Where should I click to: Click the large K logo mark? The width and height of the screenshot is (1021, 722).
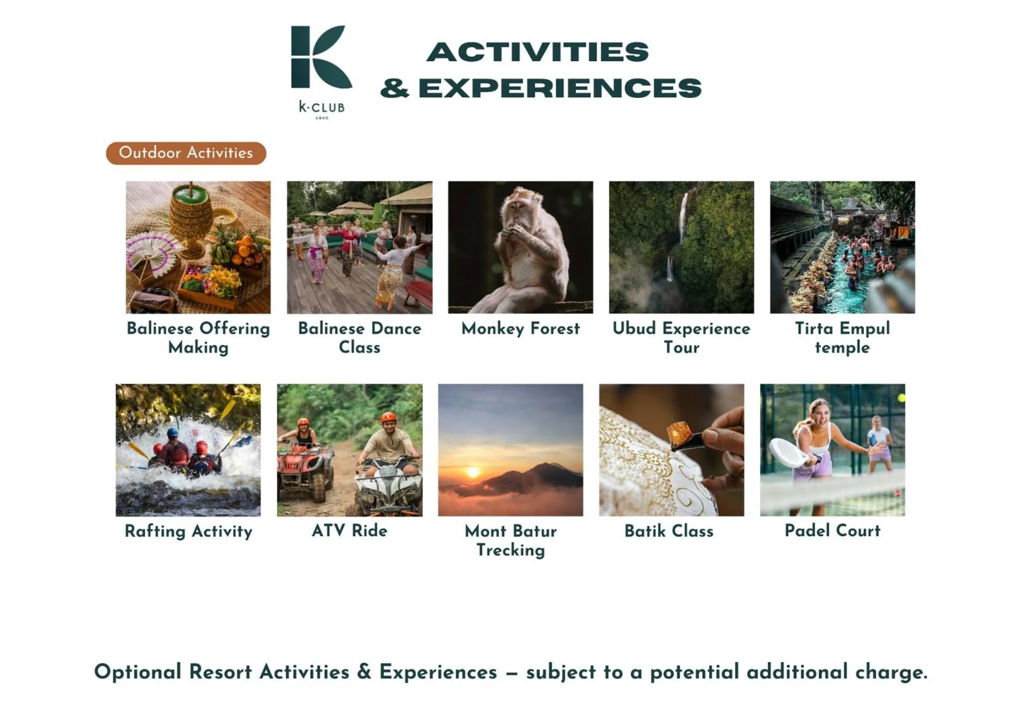click(320, 57)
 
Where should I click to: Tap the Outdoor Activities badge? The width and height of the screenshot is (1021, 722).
click(186, 153)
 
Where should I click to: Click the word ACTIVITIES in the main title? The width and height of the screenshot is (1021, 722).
click(537, 52)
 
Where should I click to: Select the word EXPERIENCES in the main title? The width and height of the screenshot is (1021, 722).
click(560, 88)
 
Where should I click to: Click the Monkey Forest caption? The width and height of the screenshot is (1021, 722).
click(520, 328)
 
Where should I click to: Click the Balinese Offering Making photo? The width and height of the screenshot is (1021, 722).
click(198, 247)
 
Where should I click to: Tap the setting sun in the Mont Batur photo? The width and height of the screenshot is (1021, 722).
click(473, 472)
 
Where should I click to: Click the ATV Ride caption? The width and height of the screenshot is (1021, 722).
click(349, 531)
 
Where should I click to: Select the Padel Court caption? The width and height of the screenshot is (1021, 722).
click(832, 531)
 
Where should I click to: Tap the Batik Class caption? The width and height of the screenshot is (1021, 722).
click(669, 531)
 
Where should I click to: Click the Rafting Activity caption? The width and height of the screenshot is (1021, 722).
click(188, 531)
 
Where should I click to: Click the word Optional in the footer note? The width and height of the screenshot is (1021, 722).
click(138, 672)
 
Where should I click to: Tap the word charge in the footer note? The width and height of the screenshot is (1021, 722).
click(891, 672)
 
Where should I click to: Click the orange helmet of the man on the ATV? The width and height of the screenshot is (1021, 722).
click(388, 418)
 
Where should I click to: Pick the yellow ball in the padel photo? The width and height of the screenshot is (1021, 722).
click(901, 398)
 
